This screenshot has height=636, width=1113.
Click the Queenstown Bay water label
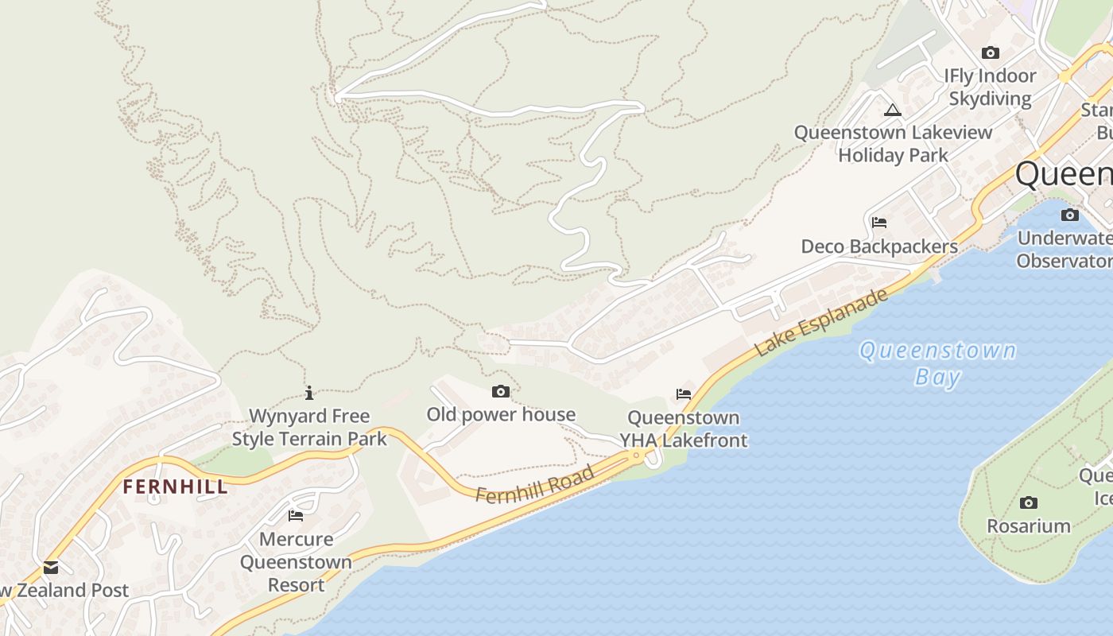938,363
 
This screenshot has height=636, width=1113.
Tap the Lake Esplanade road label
820,322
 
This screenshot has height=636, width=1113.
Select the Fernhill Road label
535,484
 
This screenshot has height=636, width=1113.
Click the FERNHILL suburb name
175,487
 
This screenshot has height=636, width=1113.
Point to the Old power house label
501,414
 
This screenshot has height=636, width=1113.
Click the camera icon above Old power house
501,391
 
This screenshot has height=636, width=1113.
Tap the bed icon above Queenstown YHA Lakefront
684,394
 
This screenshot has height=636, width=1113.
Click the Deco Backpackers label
879,246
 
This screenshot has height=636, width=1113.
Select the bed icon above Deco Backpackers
879,222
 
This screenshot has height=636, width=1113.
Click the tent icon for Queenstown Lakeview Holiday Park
893,110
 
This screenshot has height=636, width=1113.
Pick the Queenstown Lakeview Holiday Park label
894,143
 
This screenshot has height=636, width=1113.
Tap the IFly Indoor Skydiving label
990,87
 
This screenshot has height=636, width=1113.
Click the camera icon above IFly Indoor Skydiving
990,53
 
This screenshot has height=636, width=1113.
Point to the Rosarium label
1029,525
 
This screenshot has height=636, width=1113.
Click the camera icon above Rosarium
1029,502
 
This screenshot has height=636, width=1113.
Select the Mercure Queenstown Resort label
296,561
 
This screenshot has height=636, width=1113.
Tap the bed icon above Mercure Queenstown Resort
296,515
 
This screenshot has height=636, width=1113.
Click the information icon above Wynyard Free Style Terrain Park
309,393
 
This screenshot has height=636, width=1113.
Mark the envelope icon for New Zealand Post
51,567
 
